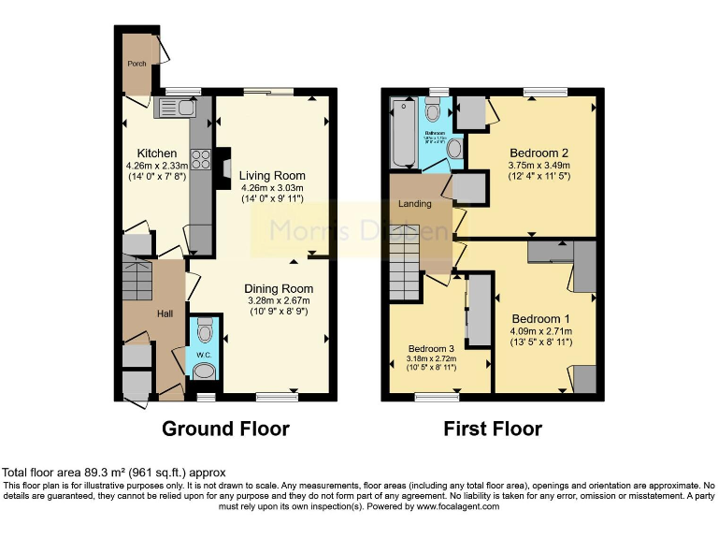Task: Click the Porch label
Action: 136,64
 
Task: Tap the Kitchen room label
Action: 157,153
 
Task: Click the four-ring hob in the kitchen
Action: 199,158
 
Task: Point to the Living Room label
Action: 271,175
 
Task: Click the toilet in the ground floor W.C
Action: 206,329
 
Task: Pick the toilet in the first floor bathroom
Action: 432,112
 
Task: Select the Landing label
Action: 415,203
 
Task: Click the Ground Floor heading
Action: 225,429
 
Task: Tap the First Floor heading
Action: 493,429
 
